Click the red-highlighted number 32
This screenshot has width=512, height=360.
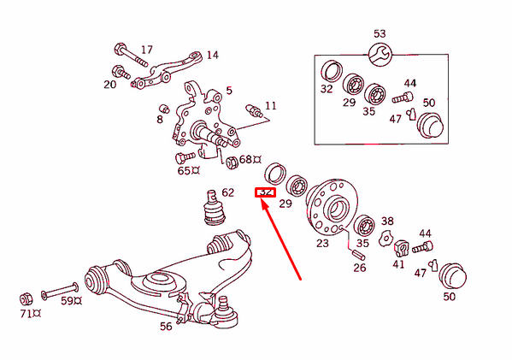[x=265, y=192]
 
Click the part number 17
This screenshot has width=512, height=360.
[x=146, y=50]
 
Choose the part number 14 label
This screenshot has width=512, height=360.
[x=212, y=55]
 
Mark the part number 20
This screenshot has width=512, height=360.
[x=110, y=84]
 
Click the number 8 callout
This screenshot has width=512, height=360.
[x=159, y=120]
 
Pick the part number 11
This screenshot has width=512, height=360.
[x=271, y=106]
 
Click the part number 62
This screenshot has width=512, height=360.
[x=227, y=192]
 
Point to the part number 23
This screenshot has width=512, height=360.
[x=322, y=243]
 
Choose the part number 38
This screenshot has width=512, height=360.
[x=387, y=221]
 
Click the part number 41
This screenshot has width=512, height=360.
[x=398, y=264]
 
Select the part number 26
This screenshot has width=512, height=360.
[x=359, y=268]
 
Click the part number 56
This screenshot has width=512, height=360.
[x=166, y=326]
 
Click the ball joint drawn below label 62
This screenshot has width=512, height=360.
[x=210, y=210]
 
